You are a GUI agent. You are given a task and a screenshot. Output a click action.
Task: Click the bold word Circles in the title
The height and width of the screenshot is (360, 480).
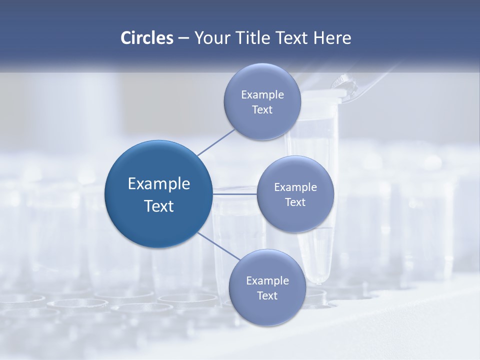pos(147,38)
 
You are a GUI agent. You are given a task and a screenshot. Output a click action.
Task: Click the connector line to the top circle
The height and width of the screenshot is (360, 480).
pos(216,141)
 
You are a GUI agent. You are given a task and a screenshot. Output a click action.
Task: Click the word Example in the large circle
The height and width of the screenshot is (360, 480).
pos(159,183)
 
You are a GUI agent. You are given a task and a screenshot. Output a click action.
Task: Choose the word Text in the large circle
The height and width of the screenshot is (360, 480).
pos(159,206)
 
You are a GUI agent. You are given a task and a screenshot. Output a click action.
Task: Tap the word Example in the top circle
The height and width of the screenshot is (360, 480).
pos(262,94)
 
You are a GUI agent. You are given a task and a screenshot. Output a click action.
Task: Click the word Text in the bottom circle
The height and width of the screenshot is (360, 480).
pos(267,295)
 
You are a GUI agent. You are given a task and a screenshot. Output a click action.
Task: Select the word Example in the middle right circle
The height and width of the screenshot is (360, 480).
pos(295,187)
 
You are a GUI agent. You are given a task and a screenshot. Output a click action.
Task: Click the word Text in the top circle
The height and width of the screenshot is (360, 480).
pos(262,109)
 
